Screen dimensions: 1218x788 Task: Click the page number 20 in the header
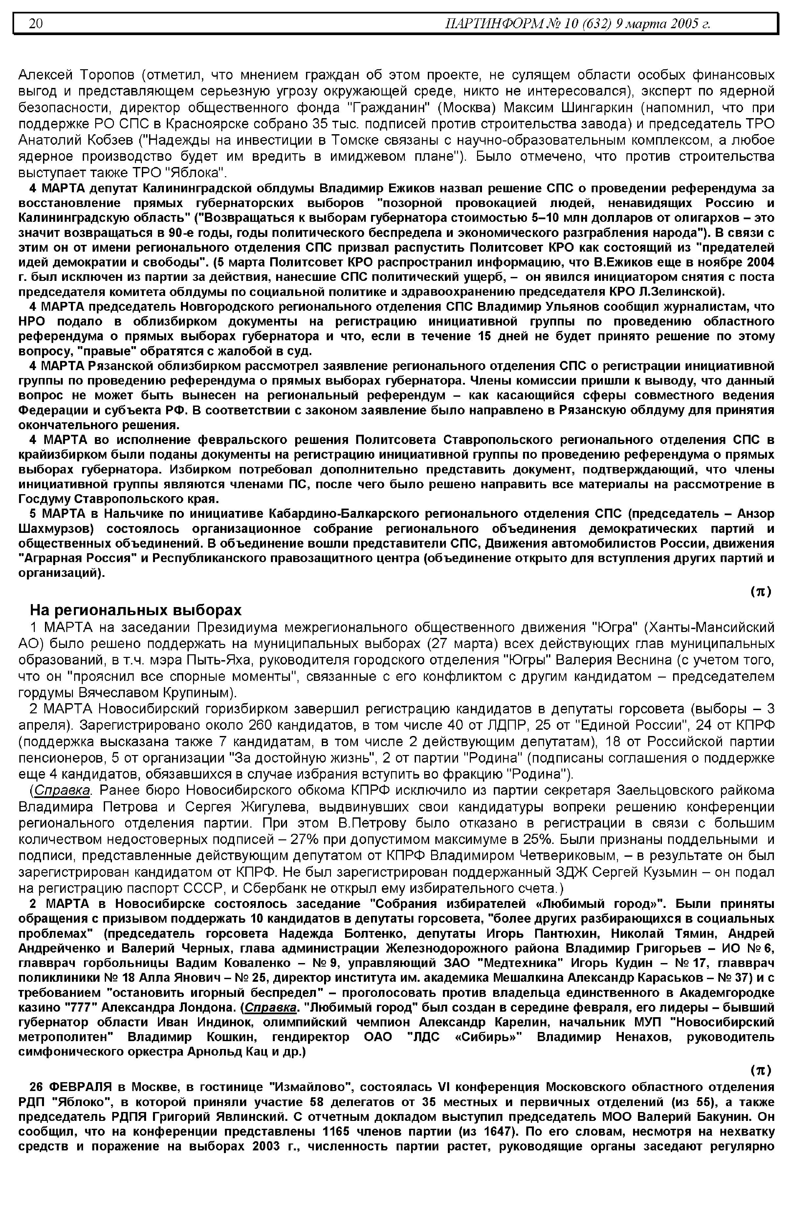pos(36,24)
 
